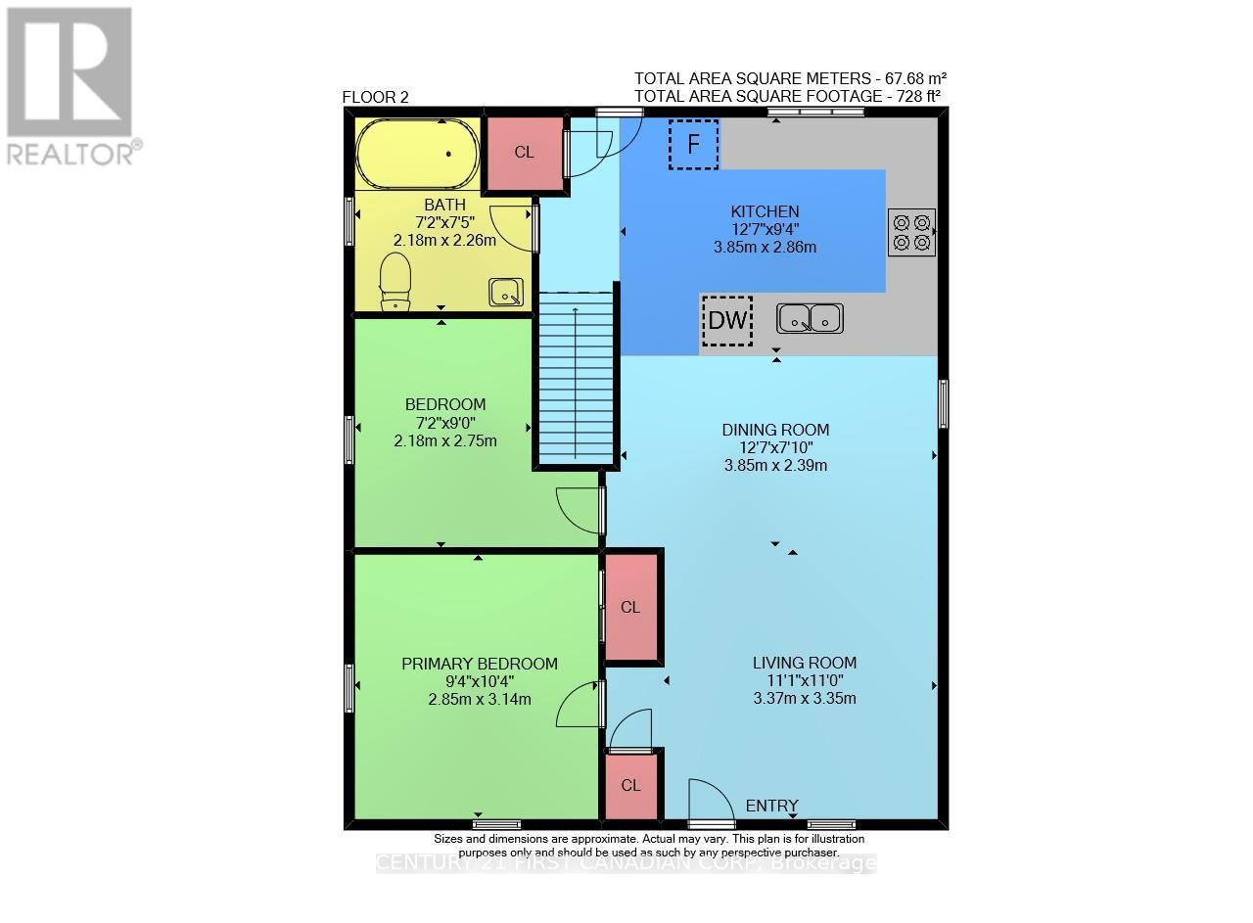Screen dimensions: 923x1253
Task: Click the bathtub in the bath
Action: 418,154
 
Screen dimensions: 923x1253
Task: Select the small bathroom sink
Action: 506,291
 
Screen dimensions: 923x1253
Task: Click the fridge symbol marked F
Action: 693,145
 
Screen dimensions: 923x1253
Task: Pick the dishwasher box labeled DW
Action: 726,320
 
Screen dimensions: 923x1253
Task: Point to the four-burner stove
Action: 911,232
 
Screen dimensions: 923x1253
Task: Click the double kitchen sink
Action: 810,318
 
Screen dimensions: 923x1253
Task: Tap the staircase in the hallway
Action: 575,377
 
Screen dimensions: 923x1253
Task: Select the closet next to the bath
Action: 525,154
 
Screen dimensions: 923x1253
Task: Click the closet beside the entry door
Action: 630,785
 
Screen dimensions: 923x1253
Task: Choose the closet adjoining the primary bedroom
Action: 630,607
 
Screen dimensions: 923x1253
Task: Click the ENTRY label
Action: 771,806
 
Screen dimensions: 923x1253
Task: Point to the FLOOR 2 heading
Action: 375,97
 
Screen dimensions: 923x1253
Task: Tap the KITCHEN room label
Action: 765,211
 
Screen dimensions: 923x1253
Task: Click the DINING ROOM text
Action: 775,429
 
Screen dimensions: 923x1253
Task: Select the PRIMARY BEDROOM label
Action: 480,664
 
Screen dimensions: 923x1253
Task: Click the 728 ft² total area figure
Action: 917,96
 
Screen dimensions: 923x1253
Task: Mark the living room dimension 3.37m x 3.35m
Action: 804,698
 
